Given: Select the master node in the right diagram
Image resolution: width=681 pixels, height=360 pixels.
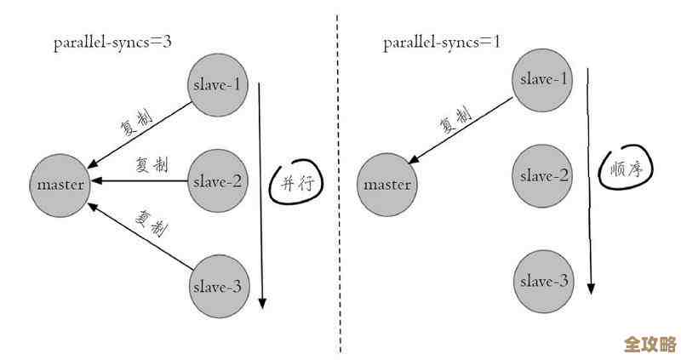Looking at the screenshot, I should pos(387,184).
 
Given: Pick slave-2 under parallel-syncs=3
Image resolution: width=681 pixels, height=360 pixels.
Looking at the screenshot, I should pos(217,181).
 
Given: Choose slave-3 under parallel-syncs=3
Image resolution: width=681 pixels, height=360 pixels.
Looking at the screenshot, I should pos(217,287).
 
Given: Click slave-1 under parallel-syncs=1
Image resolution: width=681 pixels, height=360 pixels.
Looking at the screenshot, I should pos(543,79).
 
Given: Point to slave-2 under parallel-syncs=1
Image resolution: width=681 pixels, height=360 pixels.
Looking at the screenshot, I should pos(543,176).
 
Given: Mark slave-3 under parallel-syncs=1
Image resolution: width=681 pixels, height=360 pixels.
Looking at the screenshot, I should pos(543,282).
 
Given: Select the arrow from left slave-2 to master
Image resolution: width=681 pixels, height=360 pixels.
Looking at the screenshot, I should pos(140,180).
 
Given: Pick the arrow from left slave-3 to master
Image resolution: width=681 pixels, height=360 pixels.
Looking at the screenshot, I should pos(140,237).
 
